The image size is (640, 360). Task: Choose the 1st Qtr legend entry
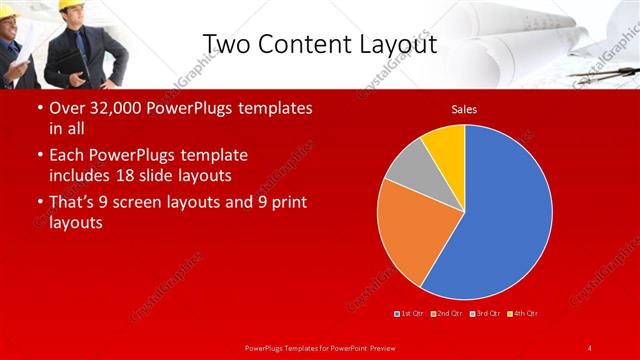[x=409, y=314]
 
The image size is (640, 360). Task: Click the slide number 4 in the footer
[x=590, y=347]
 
